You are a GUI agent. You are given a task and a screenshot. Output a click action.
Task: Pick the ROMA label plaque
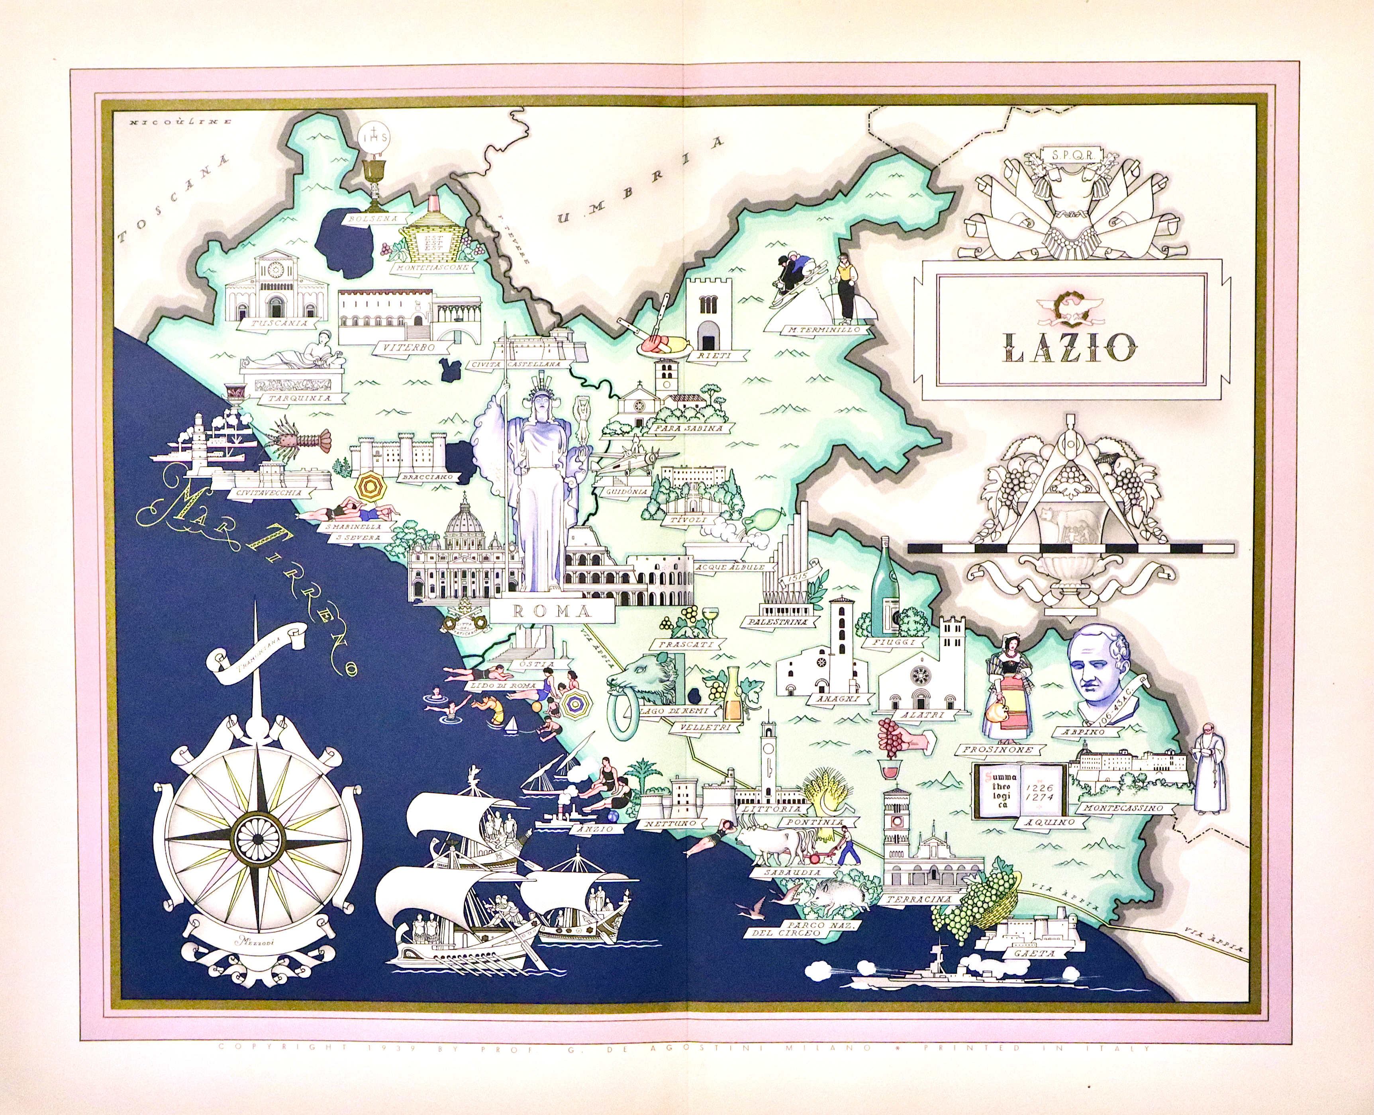coord(552,611)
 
